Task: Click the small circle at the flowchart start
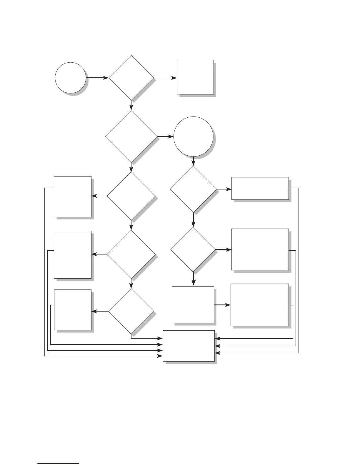coord(70,78)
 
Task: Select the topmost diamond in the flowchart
coord(131,78)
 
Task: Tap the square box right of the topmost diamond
coord(195,77)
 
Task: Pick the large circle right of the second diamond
coord(193,137)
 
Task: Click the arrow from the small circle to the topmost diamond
coord(97,78)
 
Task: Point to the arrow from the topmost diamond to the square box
coord(165,78)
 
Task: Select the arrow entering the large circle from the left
coord(165,137)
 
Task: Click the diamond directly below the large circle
coord(193,189)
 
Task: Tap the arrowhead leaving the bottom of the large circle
coord(193,163)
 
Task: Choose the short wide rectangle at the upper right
coord(260,188)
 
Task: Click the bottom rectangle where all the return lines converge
coord(189,346)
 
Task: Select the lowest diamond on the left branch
coord(131,311)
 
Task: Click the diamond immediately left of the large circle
coord(131,137)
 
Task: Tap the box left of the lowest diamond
coord(73,310)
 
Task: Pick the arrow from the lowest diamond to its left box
coord(100,311)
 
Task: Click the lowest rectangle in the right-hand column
coord(259,304)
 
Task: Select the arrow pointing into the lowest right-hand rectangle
coord(222,305)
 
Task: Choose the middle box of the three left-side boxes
coord(72,254)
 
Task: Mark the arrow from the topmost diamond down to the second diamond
coord(131,105)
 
